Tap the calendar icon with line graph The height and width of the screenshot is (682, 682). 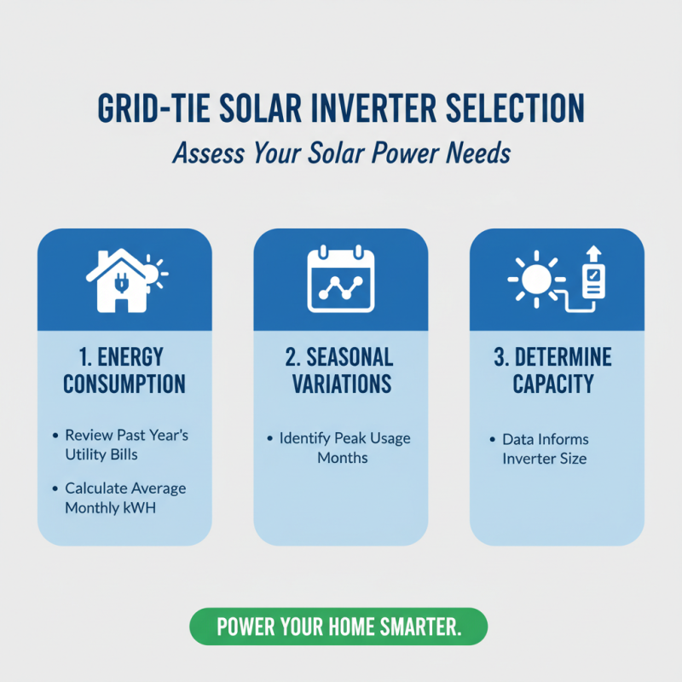pyautogui.click(x=341, y=279)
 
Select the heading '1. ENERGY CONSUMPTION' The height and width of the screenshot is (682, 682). pyautogui.click(x=124, y=369)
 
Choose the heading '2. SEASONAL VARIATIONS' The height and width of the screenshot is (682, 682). pyautogui.click(x=341, y=369)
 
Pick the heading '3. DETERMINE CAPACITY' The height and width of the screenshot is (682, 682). pyautogui.click(x=557, y=369)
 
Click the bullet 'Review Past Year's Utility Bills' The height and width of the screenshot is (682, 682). pyautogui.click(x=125, y=445)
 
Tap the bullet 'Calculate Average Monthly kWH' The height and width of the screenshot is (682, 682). pyautogui.click(x=125, y=498)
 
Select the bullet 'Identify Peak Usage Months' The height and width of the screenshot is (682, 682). pyautogui.click(x=344, y=448)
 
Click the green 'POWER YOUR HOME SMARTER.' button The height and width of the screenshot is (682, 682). pyautogui.click(x=338, y=627)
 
